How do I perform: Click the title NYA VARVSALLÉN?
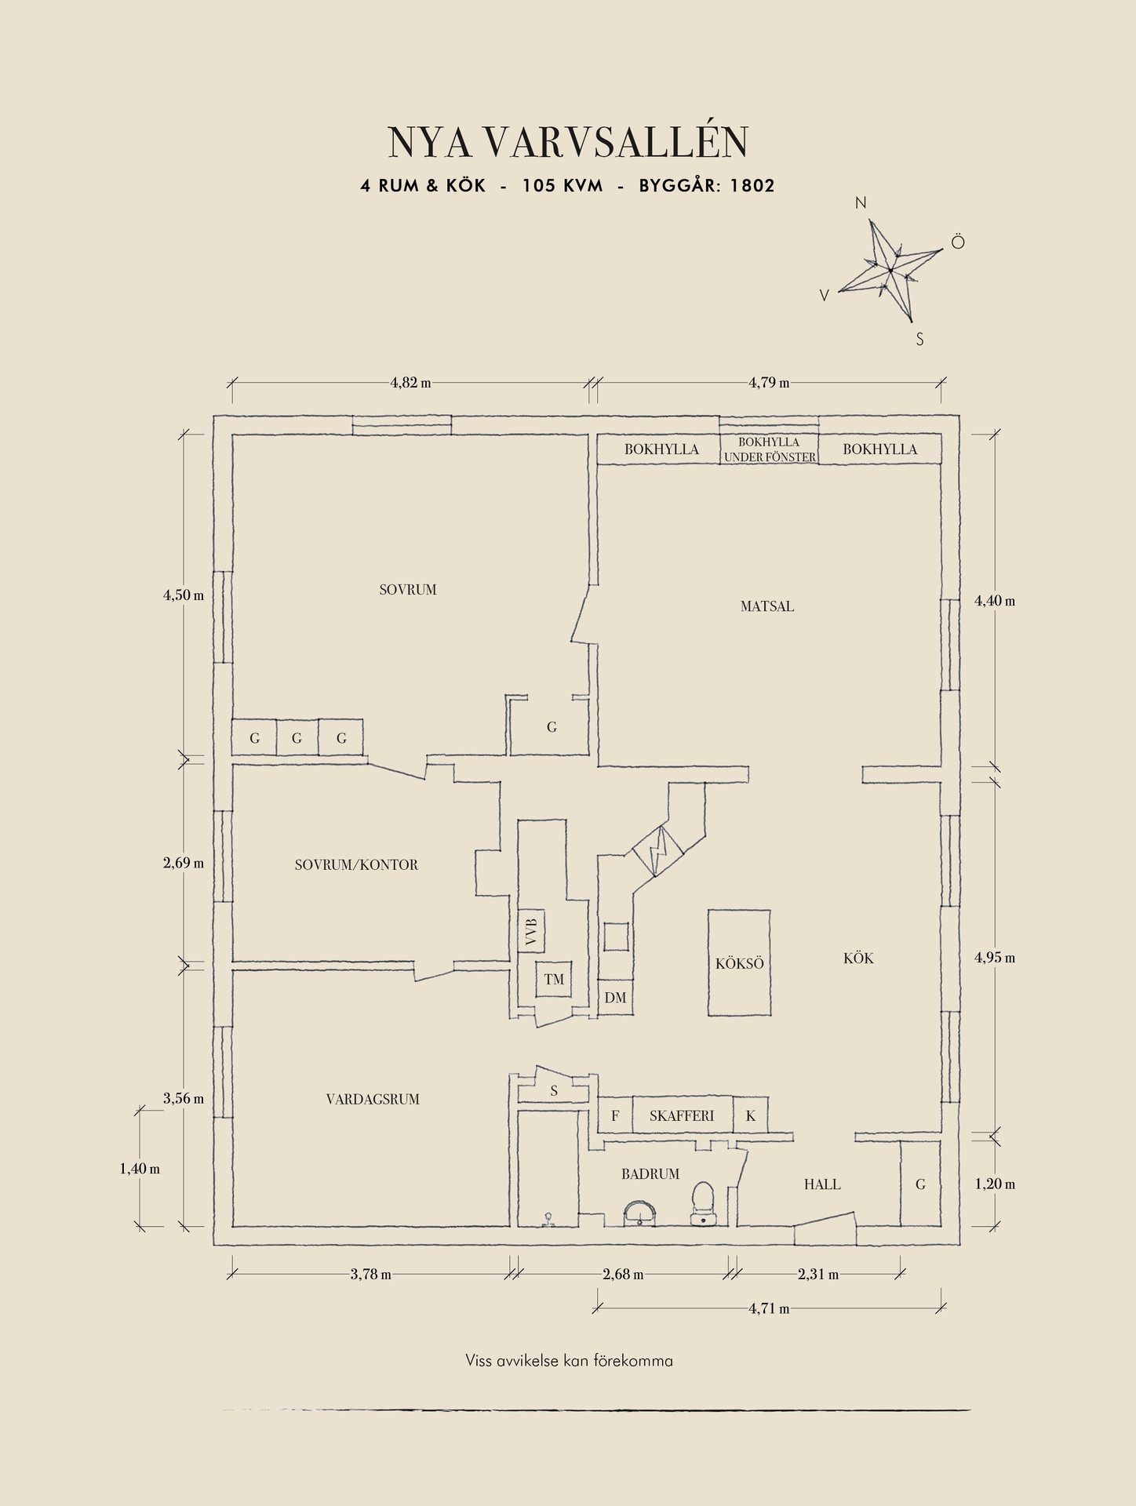point(568,142)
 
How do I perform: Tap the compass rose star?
point(890,271)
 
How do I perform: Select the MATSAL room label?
point(766,606)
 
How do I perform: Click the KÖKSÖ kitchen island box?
point(739,963)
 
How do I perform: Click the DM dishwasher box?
point(616,998)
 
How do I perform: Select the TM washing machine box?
point(554,979)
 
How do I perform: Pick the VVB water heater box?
point(531,931)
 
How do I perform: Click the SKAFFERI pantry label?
point(682,1115)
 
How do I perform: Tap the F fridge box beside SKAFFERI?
point(615,1115)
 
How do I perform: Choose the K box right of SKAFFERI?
point(751,1115)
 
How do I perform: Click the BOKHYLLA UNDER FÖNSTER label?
point(769,449)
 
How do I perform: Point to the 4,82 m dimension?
point(410,384)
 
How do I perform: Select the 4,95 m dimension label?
point(995,958)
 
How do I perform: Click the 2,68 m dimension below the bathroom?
point(623,1275)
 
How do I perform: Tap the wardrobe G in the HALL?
point(920,1184)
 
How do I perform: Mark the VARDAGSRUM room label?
point(373,1099)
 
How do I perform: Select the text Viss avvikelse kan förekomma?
point(569,1361)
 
